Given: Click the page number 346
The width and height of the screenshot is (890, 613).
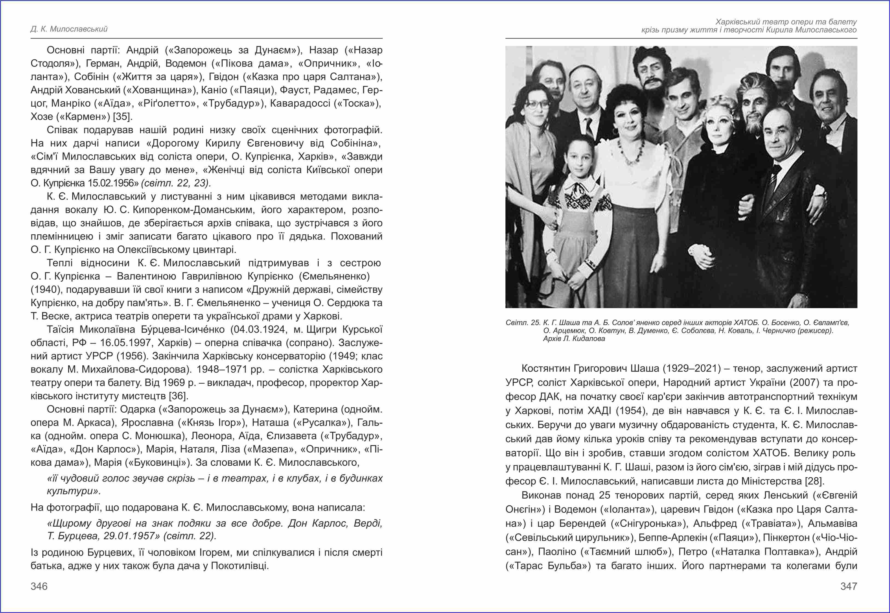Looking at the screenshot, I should pos(39,586).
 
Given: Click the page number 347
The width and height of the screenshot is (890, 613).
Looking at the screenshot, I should pos(848,586).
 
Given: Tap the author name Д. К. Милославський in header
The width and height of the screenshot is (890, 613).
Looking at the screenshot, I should pos(69,29).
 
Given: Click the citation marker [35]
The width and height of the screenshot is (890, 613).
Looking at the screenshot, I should pos(123,116).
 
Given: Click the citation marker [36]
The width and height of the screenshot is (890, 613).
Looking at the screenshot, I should pos(178,396).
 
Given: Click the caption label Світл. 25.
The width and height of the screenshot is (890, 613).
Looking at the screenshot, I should pos(523,323).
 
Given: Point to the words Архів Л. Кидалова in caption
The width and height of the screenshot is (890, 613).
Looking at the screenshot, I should pos(574,339).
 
